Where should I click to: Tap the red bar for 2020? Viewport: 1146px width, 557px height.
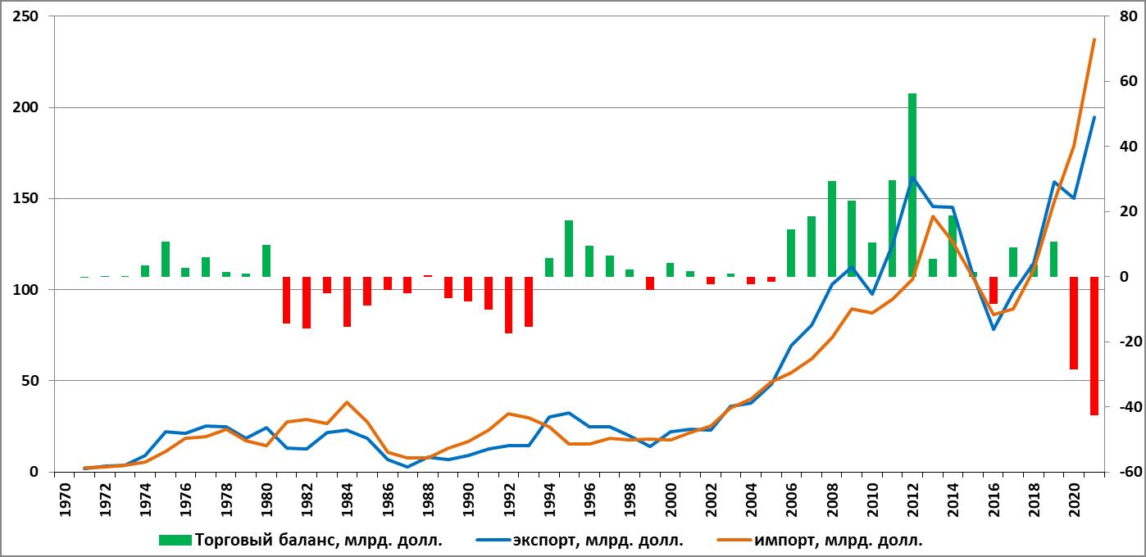pyautogui.click(x=1074, y=323)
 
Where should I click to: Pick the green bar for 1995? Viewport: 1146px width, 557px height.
pyautogui.click(x=569, y=248)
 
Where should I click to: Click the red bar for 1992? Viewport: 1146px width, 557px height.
pyautogui.click(x=508, y=305)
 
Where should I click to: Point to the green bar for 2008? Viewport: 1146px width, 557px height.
pyautogui.click(x=831, y=229)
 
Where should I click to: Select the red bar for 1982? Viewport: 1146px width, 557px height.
pyautogui.click(x=307, y=302)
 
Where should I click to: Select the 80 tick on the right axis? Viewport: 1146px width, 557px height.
pyautogui.click(x=1123, y=16)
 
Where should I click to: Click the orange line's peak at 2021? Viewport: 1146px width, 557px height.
pyautogui.click(x=1094, y=39)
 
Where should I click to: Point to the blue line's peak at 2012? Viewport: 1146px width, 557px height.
pyautogui.click(x=912, y=177)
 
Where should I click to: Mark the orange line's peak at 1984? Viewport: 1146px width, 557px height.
pyautogui.click(x=347, y=402)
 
